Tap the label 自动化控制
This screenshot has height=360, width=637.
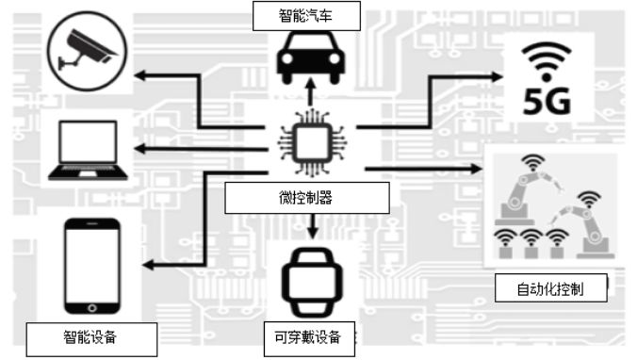[550, 288]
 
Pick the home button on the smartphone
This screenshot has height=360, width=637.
[91, 307]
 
